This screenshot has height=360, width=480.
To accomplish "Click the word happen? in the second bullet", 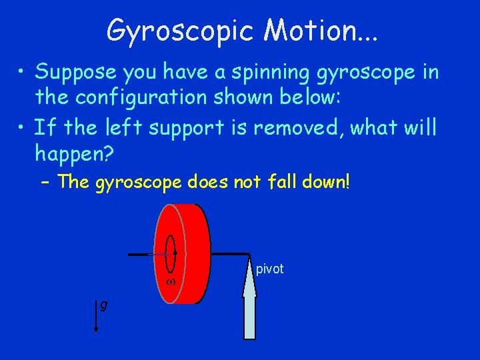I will [75, 155].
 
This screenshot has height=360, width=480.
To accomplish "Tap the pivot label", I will [270, 269].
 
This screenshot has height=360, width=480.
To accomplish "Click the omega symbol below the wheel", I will [171, 282].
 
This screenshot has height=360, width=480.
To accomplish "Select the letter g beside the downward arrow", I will [103, 305].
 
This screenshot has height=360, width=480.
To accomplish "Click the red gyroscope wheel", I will [193, 253].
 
